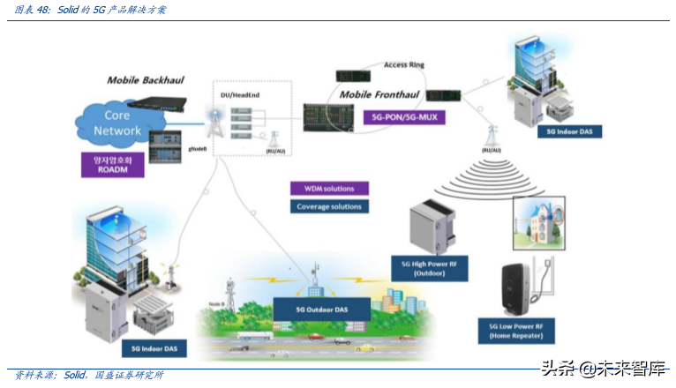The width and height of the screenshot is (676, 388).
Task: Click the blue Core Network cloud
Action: tap(117, 123)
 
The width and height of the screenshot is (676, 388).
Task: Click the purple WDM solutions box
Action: tap(328, 189)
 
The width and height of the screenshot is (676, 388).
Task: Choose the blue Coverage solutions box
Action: tap(328, 206)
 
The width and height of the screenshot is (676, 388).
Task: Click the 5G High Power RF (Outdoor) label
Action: tap(429, 268)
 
